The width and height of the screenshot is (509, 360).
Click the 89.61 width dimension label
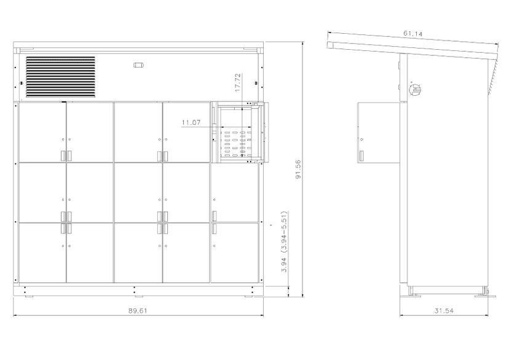138,311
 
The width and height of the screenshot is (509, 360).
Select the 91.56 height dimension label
298,169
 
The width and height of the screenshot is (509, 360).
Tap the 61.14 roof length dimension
413,33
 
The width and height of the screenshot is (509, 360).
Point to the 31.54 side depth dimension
444,311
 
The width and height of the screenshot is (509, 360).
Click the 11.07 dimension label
191,123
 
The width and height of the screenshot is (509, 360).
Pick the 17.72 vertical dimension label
238,82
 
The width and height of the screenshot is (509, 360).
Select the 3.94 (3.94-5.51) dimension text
284,241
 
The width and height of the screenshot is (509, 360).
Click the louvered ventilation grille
60,77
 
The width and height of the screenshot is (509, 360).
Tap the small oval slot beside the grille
138,65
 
